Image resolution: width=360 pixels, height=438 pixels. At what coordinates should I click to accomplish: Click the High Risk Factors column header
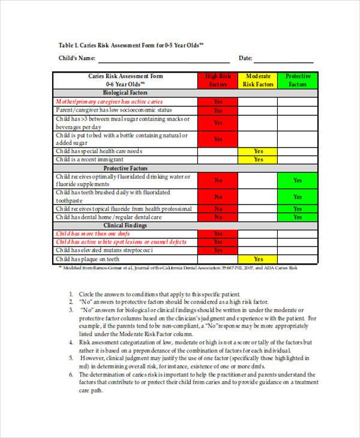coord(218,80)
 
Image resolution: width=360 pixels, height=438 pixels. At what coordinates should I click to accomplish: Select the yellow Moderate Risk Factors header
coord(258,80)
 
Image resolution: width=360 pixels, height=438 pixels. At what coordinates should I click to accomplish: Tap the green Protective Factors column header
coord(297,80)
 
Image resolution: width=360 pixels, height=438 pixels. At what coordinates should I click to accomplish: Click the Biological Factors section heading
coord(125,93)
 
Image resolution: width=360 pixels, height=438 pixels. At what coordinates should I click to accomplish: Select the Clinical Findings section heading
coord(125,225)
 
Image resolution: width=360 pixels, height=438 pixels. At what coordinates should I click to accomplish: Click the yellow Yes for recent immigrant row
coord(258,160)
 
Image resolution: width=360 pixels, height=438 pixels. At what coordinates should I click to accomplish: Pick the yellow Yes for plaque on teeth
coord(258,259)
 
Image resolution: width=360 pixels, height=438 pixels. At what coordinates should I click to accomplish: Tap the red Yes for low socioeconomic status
coord(218,110)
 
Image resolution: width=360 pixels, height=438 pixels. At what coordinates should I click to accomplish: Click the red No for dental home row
coord(218,217)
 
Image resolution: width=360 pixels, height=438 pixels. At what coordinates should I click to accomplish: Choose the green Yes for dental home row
coord(297,217)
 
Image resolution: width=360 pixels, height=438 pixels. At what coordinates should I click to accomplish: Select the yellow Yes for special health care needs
coord(258,152)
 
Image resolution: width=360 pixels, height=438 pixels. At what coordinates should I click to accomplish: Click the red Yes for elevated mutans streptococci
coord(218,250)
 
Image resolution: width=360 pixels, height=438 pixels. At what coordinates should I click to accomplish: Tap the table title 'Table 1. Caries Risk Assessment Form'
coord(131,45)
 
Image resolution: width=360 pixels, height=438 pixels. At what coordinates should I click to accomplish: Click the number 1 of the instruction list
coord(71,294)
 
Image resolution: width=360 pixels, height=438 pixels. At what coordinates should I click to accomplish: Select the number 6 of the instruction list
coord(71,374)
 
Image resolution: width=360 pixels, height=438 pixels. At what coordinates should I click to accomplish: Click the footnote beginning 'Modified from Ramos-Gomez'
coord(180,268)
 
